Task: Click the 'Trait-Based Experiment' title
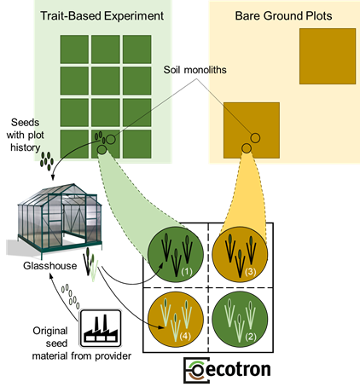102,16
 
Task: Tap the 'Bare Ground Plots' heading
283,16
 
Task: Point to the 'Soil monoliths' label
195,70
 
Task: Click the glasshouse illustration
54,221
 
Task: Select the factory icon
101,328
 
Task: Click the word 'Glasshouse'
50,266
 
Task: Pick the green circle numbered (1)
176,254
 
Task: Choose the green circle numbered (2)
240,320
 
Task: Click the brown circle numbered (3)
240,254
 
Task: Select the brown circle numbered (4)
176,320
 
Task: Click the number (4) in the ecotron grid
185,337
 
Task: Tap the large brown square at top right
328,56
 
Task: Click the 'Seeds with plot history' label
25,135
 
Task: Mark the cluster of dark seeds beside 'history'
47,161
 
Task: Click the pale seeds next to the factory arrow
70,297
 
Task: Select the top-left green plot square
74,49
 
